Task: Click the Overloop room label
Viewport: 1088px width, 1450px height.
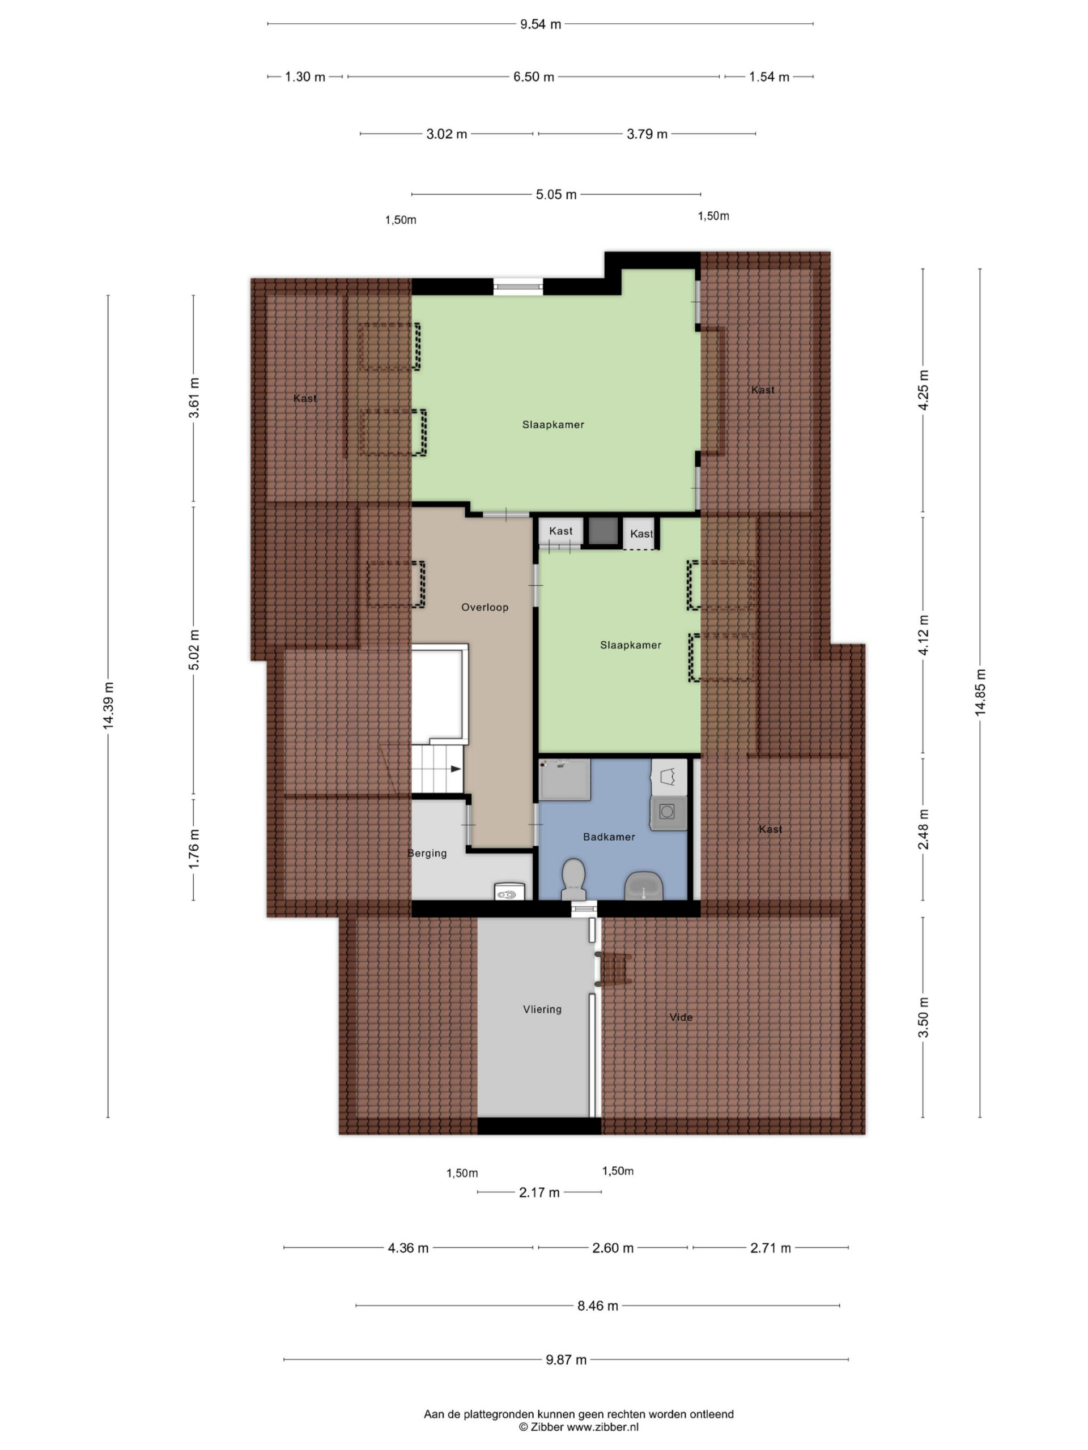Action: pyautogui.click(x=484, y=607)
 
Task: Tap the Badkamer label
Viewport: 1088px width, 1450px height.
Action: pyautogui.click(x=609, y=837)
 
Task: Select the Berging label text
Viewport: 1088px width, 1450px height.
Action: pyautogui.click(x=427, y=854)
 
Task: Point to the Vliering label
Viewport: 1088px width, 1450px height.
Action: pyautogui.click(x=542, y=1009)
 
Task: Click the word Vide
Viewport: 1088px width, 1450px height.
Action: pyautogui.click(x=681, y=1017)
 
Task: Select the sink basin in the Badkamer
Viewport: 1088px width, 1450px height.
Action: pyautogui.click(x=644, y=886)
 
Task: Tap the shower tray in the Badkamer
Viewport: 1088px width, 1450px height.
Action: pyautogui.click(x=564, y=779)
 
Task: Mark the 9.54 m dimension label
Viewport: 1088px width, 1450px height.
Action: pyautogui.click(x=541, y=24)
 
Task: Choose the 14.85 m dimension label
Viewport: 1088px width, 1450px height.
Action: pyautogui.click(x=980, y=692)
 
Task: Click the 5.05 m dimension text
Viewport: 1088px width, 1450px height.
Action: pyautogui.click(x=556, y=195)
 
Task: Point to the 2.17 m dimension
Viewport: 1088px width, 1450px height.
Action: pyautogui.click(x=539, y=1192)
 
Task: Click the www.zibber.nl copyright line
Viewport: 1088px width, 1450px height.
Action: pyautogui.click(x=579, y=1426)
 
